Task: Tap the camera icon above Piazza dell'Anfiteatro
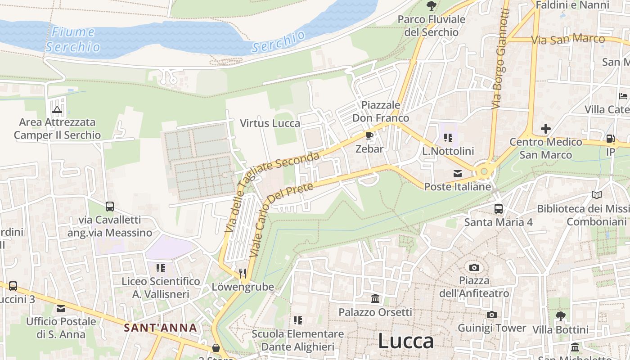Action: pyautogui.click(x=474, y=268)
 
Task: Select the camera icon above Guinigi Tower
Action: pyautogui.click(x=491, y=315)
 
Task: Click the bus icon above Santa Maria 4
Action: pyautogui.click(x=498, y=208)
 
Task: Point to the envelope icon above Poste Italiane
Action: pyautogui.click(x=458, y=174)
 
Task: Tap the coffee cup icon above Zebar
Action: pyautogui.click(x=369, y=135)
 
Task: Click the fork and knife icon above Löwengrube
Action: pyautogui.click(x=243, y=273)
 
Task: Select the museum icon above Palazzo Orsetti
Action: pyautogui.click(x=375, y=299)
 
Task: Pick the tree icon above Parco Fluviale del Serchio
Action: pyautogui.click(x=431, y=6)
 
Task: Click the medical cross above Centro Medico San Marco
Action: pyautogui.click(x=545, y=129)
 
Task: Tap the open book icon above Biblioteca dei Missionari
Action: pyautogui.click(x=597, y=195)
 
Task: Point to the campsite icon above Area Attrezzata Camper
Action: pyautogui.click(x=57, y=109)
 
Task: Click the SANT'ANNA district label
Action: pyautogui.click(x=161, y=328)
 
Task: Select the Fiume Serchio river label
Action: pyautogui.click(x=72, y=39)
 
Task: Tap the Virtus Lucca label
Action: pyautogui.click(x=270, y=123)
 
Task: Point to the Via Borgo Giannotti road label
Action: pyautogui.click(x=500, y=58)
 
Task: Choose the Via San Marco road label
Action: pyautogui.click(x=568, y=39)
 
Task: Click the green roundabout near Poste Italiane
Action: pyautogui.click(x=484, y=171)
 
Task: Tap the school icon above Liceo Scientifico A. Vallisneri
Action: pyautogui.click(x=160, y=268)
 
